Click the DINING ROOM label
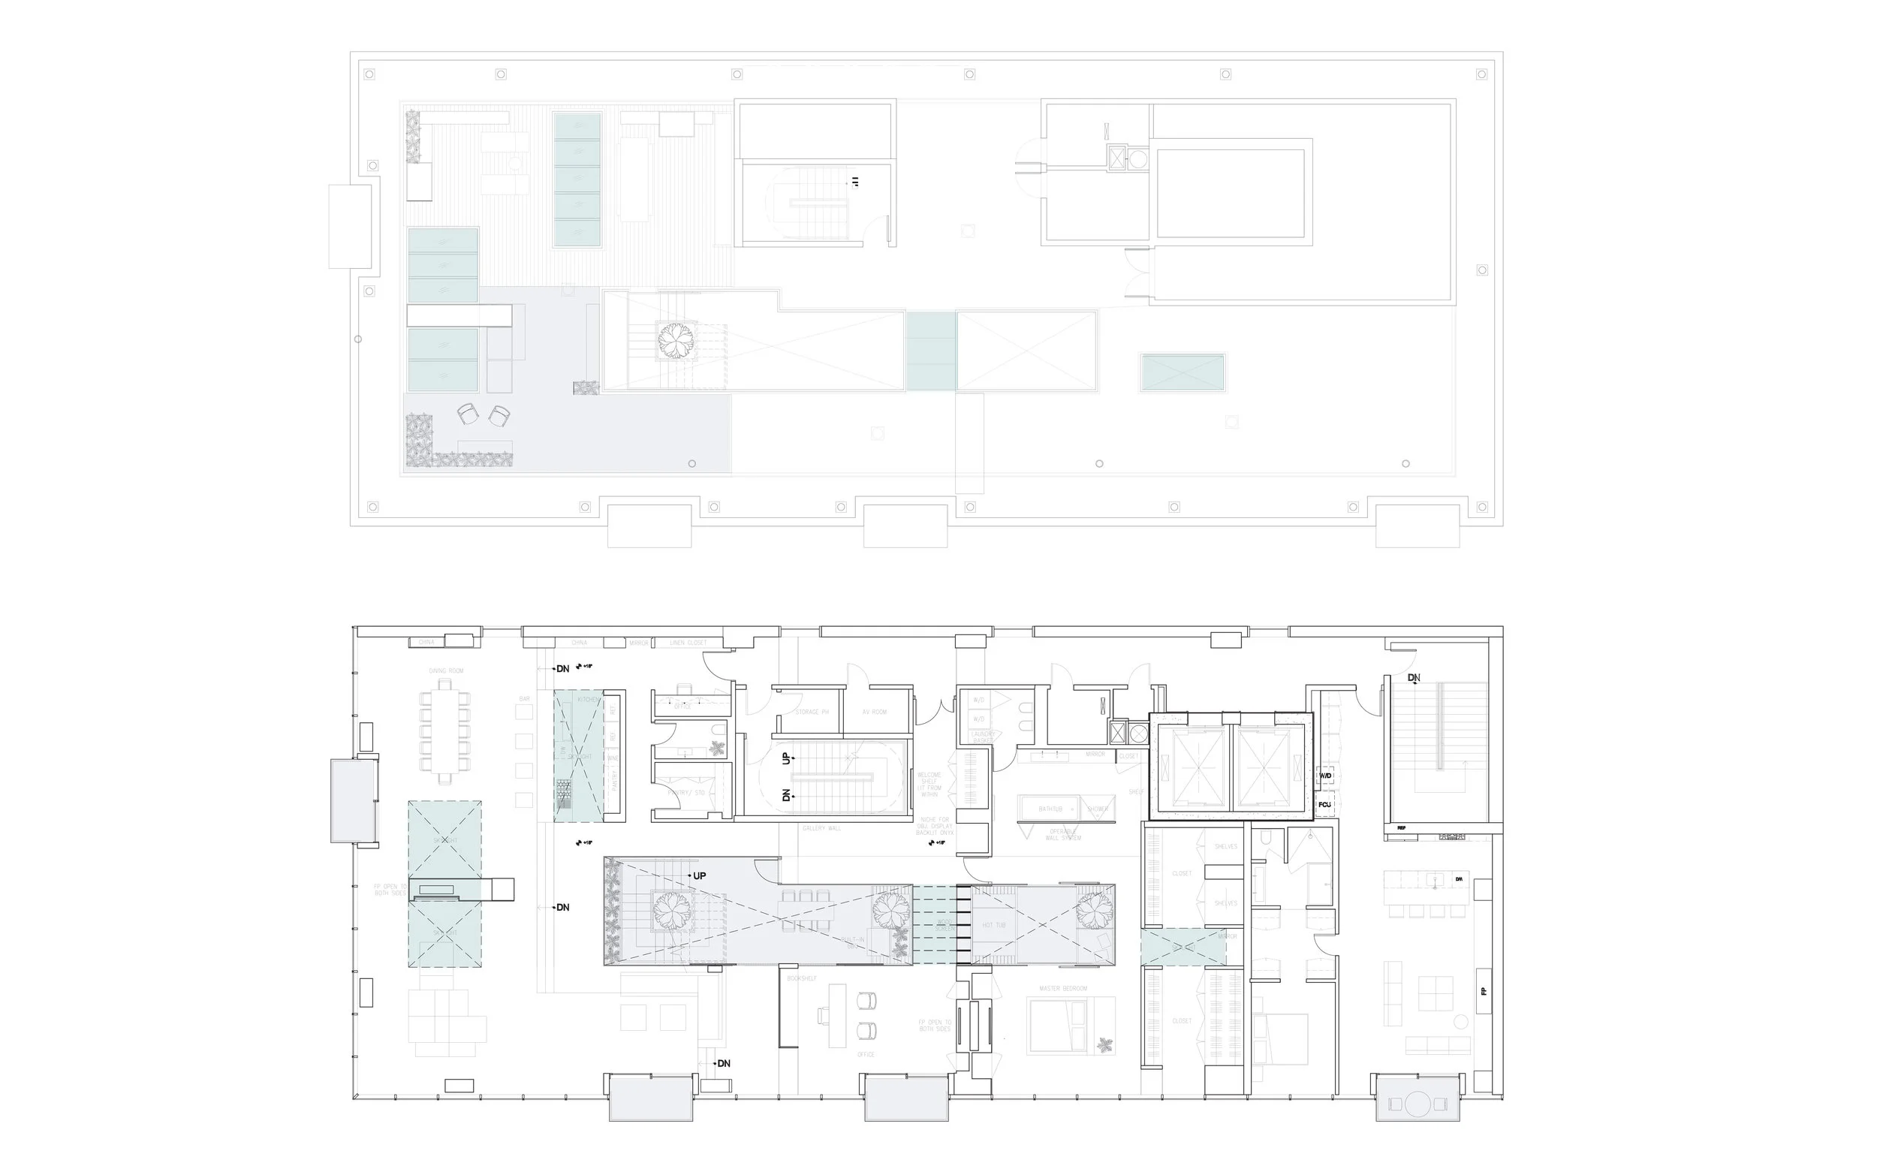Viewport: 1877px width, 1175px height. point(446,670)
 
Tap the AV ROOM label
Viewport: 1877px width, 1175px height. point(875,712)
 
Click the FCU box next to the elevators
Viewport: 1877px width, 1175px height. point(1324,804)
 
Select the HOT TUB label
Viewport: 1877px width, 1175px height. point(993,925)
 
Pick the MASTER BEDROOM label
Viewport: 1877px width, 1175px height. point(1063,989)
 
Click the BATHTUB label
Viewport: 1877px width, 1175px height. point(1050,809)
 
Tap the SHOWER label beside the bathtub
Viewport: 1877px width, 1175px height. point(1098,809)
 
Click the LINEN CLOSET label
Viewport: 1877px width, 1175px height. point(688,643)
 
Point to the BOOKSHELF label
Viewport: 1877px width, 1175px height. point(802,978)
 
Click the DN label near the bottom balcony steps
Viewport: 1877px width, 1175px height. point(722,1063)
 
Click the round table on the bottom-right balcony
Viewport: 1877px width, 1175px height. point(1418,1104)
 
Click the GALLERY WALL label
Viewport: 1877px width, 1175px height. point(821,828)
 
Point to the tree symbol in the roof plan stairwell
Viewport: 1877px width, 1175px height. point(675,339)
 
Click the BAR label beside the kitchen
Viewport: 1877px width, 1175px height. point(524,699)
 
